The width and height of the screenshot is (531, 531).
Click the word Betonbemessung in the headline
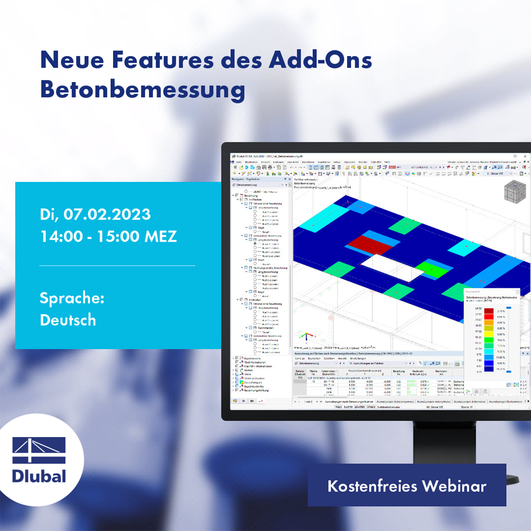(143, 89)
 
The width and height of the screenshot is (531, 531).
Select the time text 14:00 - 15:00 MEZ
(108, 236)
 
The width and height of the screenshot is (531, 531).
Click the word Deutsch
(68, 319)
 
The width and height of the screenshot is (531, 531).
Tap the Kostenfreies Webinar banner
(407, 486)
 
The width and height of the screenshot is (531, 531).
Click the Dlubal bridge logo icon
(39, 450)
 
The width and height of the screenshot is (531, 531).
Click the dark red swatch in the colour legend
(489, 310)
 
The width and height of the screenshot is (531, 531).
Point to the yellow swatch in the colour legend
(489, 329)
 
